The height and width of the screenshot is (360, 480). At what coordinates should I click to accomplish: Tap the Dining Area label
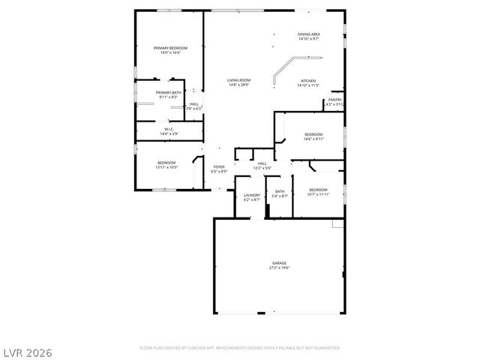[309, 34]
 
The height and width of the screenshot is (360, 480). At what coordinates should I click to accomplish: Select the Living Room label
[239, 80]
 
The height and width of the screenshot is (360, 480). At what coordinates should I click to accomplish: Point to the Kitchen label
[308, 81]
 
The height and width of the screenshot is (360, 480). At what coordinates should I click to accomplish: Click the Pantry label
[334, 100]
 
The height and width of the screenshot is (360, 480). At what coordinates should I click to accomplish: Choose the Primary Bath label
[168, 92]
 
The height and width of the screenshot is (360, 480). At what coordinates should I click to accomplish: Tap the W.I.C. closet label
[169, 129]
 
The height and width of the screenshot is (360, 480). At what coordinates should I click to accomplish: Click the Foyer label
[219, 166]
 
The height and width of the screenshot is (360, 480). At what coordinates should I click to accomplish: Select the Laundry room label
[251, 195]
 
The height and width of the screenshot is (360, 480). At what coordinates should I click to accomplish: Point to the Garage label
[279, 263]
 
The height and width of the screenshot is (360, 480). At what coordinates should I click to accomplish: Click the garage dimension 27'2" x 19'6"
[279, 268]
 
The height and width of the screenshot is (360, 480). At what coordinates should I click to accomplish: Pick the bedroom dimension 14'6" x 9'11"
[313, 139]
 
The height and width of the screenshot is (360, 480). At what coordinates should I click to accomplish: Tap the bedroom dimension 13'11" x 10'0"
[166, 167]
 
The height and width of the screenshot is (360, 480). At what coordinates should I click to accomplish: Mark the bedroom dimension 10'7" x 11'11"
[318, 194]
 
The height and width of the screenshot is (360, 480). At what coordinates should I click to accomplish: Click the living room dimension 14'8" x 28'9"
[239, 85]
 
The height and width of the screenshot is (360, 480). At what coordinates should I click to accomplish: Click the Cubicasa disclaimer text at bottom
[240, 348]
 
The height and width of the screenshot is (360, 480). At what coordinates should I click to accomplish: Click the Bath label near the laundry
[280, 191]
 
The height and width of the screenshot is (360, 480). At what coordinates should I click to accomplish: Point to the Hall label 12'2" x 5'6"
[262, 163]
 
